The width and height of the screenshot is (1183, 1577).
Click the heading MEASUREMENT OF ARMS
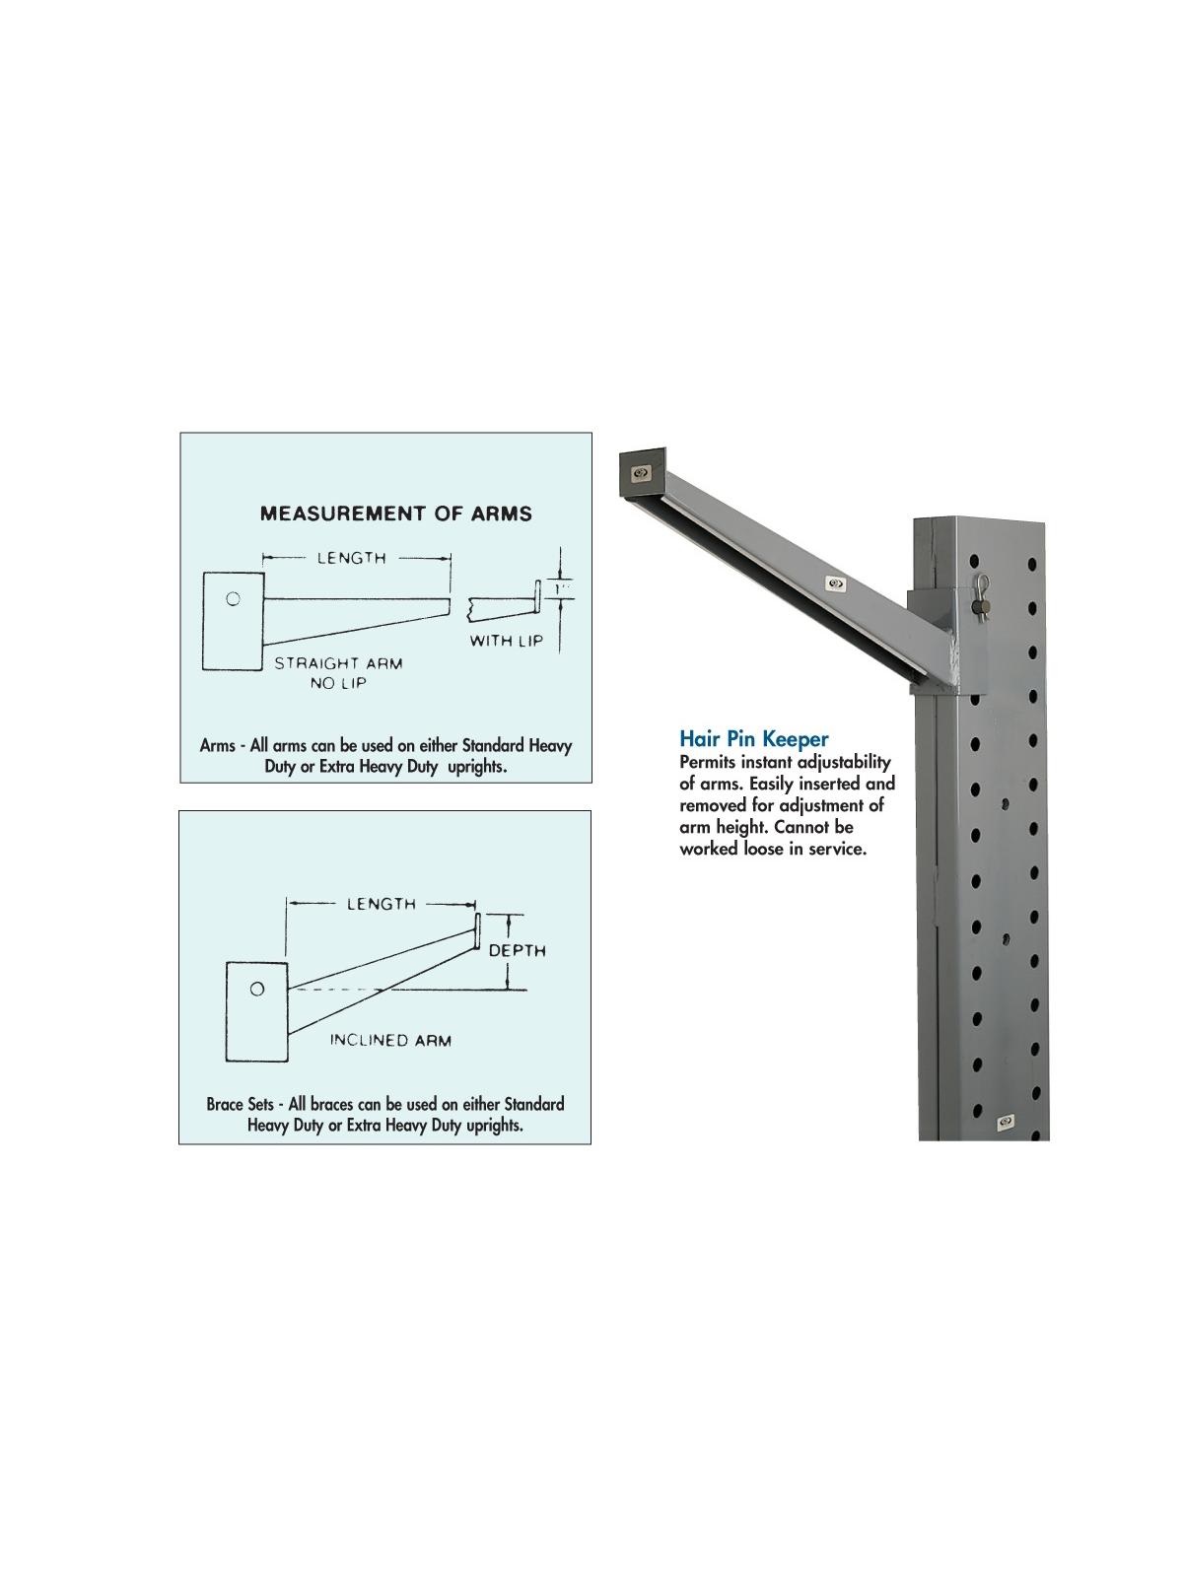(395, 514)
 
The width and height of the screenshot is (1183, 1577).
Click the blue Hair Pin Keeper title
(753, 738)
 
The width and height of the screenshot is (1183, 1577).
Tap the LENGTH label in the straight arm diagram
(352, 558)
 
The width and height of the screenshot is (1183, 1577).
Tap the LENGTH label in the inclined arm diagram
(382, 904)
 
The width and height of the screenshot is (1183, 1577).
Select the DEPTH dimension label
(518, 950)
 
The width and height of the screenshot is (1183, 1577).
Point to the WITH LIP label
(507, 640)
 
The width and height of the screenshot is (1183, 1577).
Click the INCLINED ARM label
(390, 1040)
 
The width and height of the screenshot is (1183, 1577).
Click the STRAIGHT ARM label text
(338, 663)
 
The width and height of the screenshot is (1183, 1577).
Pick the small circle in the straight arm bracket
(233, 598)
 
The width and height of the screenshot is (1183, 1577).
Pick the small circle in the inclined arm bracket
(256, 990)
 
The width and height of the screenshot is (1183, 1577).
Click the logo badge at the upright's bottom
(1006, 1122)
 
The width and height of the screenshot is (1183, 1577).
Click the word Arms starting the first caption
(218, 745)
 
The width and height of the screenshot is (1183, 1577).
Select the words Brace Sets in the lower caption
(240, 1104)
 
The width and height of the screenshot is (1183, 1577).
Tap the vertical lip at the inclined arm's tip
(476, 931)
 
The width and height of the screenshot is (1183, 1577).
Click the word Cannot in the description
(801, 827)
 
